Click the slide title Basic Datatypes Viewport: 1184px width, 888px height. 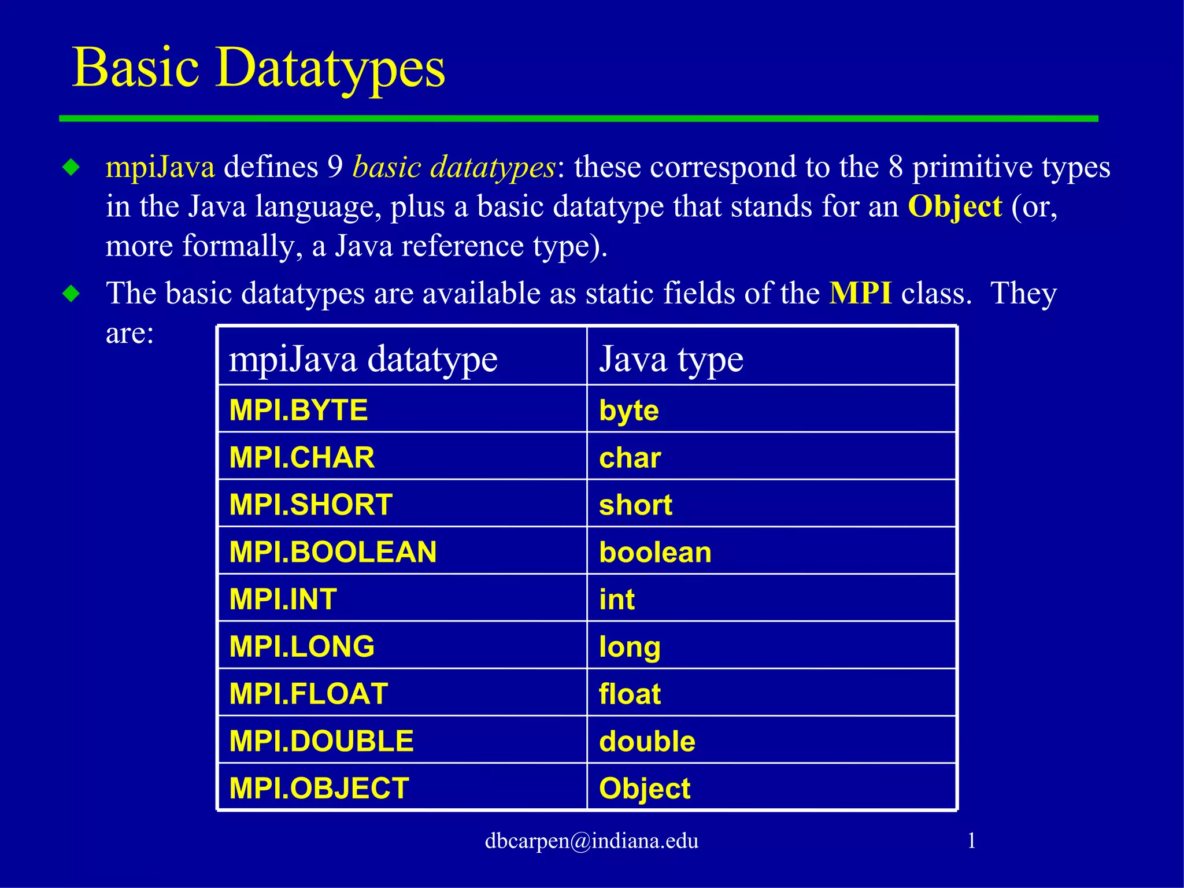pos(258,68)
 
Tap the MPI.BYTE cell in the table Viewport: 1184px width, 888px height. pos(298,410)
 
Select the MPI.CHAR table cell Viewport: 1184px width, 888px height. pos(302,458)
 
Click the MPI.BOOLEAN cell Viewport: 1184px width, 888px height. pos(333,552)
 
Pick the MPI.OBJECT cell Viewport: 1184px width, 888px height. pos(319,789)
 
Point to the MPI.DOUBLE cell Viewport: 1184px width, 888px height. pos(321,741)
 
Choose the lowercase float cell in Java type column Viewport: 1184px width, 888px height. pos(630,694)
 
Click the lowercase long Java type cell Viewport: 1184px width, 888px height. pos(630,647)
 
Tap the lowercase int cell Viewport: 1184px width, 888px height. pos(617,600)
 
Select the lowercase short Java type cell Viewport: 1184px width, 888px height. pos(635,505)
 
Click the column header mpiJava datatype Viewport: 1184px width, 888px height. pos(363,359)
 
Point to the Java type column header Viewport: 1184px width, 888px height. pos(671,359)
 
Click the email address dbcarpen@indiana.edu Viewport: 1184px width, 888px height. pos(591,841)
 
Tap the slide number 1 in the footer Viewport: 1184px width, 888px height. pos(972,841)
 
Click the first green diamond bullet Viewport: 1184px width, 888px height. pos(72,168)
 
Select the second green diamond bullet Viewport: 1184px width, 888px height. pos(72,294)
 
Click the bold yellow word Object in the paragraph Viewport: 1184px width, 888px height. pos(955,206)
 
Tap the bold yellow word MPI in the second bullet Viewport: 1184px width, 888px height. pos(860,293)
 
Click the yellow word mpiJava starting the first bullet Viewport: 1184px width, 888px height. pos(160,167)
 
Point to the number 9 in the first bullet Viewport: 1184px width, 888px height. pos(335,167)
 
